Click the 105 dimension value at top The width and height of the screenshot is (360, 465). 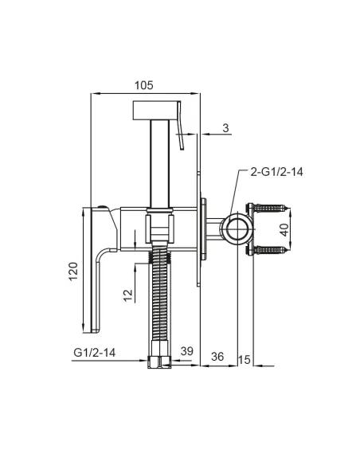tap(144, 85)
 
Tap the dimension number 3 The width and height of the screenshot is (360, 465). tap(225, 128)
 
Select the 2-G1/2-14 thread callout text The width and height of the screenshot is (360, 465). tap(276, 172)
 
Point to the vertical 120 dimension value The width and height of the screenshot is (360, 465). tap(73, 272)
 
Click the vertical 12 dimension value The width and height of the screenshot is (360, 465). tap(127, 295)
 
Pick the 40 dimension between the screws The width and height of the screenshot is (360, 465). tap(284, 230)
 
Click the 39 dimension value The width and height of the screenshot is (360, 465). tap(187, 351)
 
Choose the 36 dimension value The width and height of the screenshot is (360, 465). tap(217, 357)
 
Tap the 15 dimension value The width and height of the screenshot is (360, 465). tap(245, 360)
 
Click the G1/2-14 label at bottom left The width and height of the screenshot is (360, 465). tap(94, 353)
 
